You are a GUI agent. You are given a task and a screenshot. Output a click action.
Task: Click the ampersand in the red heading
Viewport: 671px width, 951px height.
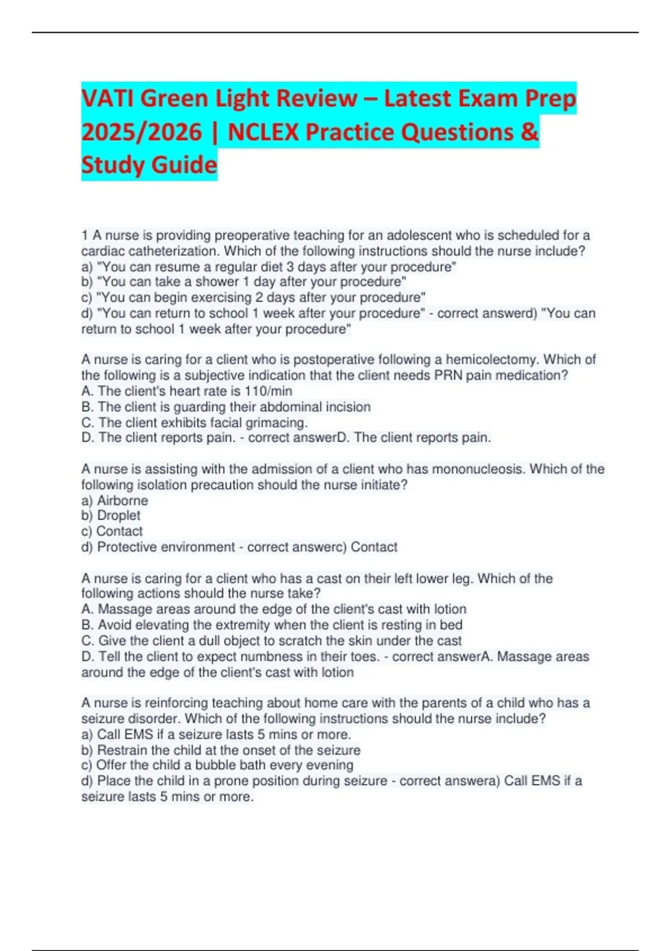[x=529, y=132]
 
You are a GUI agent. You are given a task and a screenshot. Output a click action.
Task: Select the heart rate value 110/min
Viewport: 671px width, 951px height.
[x=268, y=391]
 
